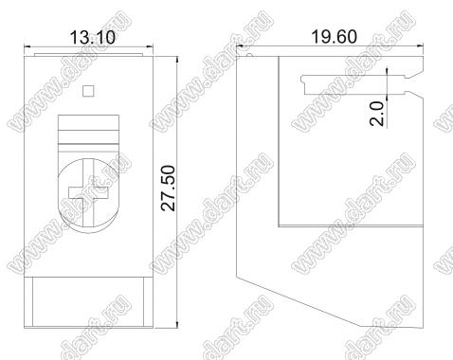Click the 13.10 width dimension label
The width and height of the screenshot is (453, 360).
point(93,37)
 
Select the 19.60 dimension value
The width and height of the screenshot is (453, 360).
point(335,36)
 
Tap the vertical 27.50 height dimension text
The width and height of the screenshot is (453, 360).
point(168,188)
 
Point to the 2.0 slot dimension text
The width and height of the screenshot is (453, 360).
point(376,114)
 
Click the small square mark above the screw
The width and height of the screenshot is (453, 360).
point(88,91)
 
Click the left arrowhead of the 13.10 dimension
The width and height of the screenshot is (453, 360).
point(27,47)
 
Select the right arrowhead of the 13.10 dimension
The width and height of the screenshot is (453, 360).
point(150,47)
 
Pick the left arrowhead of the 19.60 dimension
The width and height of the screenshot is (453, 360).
point(240,46)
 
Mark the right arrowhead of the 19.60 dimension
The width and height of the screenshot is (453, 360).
point(420,46)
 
